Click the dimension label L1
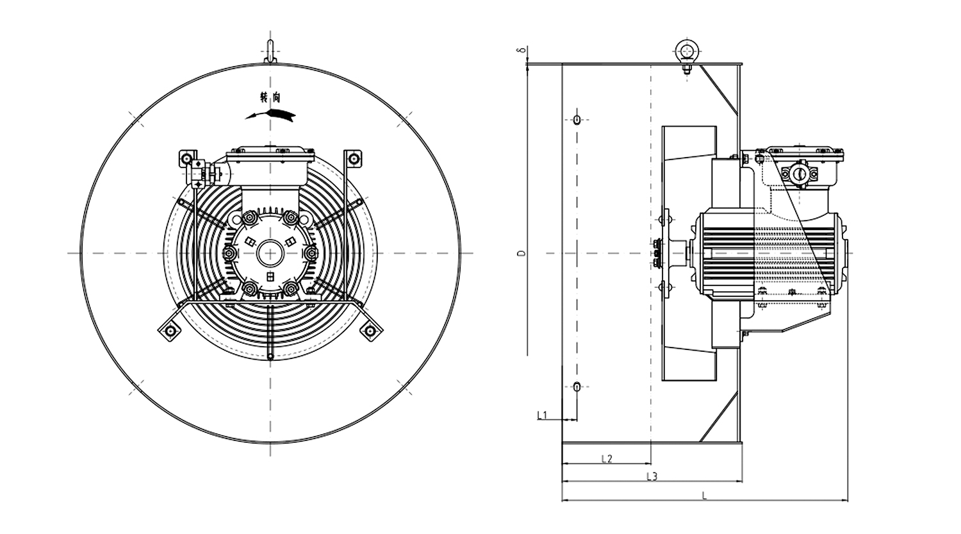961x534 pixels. tap(541, 415)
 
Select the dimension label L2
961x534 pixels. tap(607, 458)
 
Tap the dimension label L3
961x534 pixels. tap(652, 476)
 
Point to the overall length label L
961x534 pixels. tap(704, 495)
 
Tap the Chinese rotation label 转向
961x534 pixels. tap(270, 98)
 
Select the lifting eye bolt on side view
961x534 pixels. tap(686, 51)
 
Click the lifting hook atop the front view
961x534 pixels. tap(270, 51)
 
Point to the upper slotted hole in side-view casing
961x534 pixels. tap(577, 119)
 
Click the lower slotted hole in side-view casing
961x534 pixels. tap(577, 387)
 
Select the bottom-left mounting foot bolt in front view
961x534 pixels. tap(170, 331)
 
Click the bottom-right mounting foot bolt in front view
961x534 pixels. tap(369, 331)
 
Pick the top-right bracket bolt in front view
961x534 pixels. tap(352, 157)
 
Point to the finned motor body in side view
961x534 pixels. tap(769, 254)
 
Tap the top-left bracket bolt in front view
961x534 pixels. tap(186, 158)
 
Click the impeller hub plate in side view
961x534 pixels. tap(663, 254)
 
